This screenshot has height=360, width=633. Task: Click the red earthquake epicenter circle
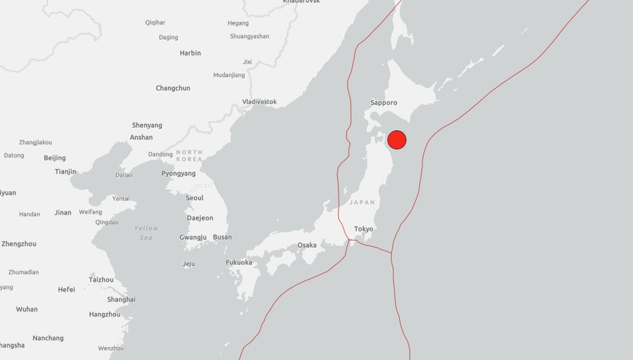[x=397, y=139]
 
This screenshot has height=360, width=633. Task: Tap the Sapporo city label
[x=384, y=103]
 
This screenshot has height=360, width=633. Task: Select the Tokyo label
[x=363, y=229]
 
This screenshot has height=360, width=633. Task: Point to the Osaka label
[x=307, y=245]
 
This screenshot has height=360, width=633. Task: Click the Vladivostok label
[x=259, y=102]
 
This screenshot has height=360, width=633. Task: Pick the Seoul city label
[x=194, y=198]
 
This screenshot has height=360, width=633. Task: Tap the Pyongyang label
[x=178, y=174]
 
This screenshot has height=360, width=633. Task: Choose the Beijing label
[x=55, y=158]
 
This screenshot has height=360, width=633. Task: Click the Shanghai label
[x=121, y=300]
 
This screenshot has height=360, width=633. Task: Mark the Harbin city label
[x=190, y=53]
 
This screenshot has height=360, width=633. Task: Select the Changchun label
[x=173, y=88]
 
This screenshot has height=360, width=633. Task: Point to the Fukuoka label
[x=239, y=262]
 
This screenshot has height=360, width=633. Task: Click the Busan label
[x=222, y=237]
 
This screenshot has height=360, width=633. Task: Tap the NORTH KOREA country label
[x=189, y=156]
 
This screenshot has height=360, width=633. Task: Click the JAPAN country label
[x=362, y=203]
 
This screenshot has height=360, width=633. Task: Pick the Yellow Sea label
[x=146, y=233]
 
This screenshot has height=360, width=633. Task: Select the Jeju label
[x=188, y=264]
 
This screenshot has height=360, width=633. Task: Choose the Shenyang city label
[x=147, y=125]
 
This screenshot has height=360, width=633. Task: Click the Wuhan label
[x=27, y=309]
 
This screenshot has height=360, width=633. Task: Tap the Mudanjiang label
[x=229, y=75]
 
